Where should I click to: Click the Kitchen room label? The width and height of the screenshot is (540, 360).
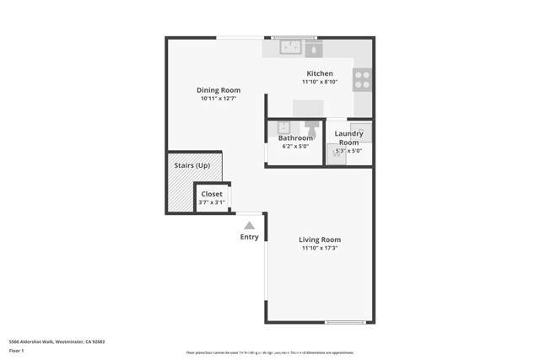(x=320, y=73)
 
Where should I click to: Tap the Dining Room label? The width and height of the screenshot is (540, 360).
(x=219, y=90)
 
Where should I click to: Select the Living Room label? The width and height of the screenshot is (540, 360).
(x=320, y=239)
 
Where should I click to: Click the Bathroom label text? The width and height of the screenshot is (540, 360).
(x=295, y=138)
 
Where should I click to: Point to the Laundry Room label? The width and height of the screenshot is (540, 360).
(x=348, y=138)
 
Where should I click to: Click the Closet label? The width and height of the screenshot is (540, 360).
(x=212, y=194)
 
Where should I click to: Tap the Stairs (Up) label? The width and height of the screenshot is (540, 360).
(x=192, y=165)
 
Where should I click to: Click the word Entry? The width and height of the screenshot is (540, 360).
(x=249, y=237)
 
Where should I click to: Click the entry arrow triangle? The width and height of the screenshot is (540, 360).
(x=249, y=225)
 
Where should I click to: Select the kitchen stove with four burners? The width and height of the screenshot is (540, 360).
(x=362, y=79)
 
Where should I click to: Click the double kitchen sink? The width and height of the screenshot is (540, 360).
(x=290, y=47)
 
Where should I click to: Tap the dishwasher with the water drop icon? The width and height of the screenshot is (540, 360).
(x=314, y=49)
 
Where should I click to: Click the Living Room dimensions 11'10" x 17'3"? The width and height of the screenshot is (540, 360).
(x=320, y=249)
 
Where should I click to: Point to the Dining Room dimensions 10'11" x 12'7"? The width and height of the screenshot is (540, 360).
(x=219, y=99)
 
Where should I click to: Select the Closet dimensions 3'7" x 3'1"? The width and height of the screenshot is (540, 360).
(x=212, y=202)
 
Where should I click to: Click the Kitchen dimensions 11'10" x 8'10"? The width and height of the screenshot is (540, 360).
(x=320, y=82)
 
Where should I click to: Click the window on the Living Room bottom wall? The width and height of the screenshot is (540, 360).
(x=346, y=322)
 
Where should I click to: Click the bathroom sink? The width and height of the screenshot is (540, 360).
(x=284, y=127)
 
